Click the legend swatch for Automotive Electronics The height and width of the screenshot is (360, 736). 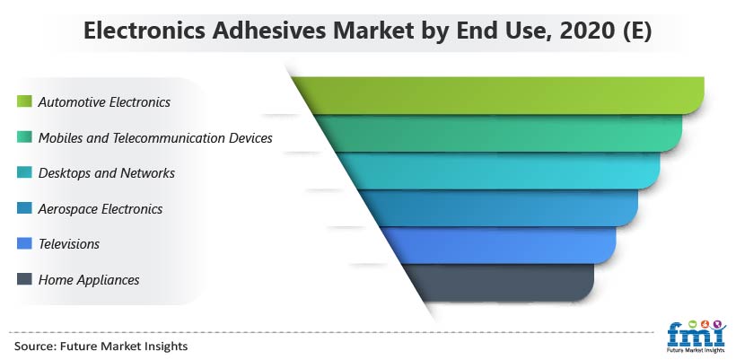[24, 101]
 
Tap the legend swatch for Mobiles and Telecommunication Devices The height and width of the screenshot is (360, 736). [24, 137]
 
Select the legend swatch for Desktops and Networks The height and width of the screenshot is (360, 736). [24, 172]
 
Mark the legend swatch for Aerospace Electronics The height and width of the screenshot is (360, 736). [24, 208]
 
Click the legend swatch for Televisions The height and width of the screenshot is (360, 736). [24, 243]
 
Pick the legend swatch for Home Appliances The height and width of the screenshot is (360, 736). [24, 279]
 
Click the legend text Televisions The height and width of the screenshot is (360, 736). [69, 244]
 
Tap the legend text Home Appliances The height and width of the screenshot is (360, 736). [89, 280]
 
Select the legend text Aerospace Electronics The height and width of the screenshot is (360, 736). [101, 209]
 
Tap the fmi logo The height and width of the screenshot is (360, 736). [697, 337]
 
